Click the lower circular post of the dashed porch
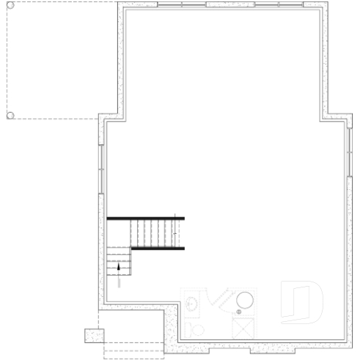coord(10,115)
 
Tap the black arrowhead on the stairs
coord(118,267)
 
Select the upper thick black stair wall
coord(145,218)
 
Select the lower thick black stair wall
coord(157,249)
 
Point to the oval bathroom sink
coord(192,304)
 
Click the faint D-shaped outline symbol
coord(302,303)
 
